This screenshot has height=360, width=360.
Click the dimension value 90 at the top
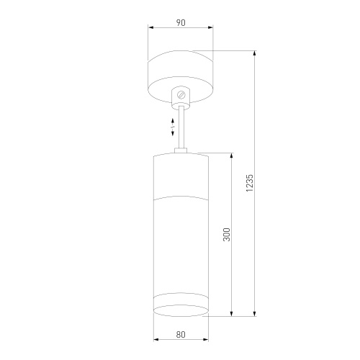tap(180, 22)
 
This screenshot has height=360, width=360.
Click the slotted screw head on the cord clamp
tap(181, 94)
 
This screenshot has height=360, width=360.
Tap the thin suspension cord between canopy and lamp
tap(181, 130)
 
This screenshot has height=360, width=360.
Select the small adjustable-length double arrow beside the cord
tap(173, 125)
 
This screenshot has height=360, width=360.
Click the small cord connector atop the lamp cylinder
tap(181, 151)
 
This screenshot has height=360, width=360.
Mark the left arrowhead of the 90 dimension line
tap(150, 29)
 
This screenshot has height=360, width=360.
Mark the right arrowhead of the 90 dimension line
tap(211, 29)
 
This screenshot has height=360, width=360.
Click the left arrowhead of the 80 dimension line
tap(156, 341)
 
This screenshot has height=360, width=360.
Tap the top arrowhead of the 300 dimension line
tap(231, 155)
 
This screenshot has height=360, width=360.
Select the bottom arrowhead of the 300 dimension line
tap(231, 313)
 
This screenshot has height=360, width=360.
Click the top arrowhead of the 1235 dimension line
tap(256, 53)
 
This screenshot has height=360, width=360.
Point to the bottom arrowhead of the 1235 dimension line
tap(256, 313)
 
